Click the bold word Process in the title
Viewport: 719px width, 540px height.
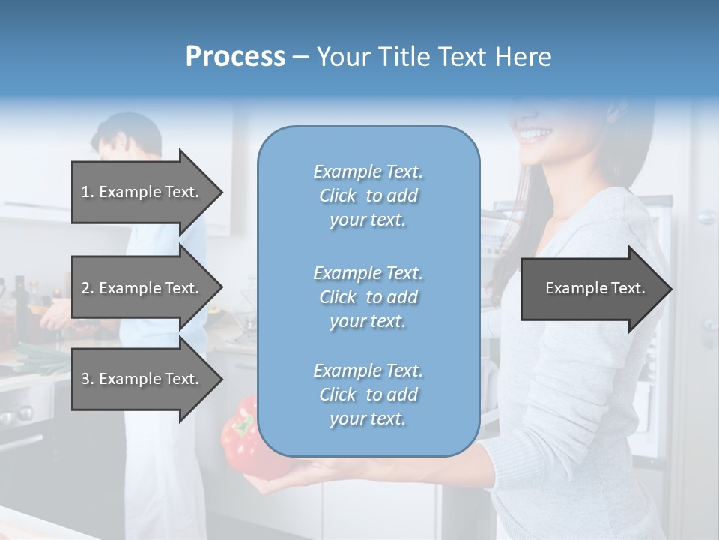point(235,57)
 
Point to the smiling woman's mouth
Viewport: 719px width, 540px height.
point(535,136)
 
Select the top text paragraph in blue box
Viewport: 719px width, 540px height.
point(368,196)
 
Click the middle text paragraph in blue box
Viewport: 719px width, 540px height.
point(368,297)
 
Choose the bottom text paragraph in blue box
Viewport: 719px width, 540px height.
point(368,394)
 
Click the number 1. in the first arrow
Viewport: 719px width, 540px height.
point(88,192)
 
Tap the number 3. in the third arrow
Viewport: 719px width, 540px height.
point(88,379)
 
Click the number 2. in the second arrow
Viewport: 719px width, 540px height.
point(88,288)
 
